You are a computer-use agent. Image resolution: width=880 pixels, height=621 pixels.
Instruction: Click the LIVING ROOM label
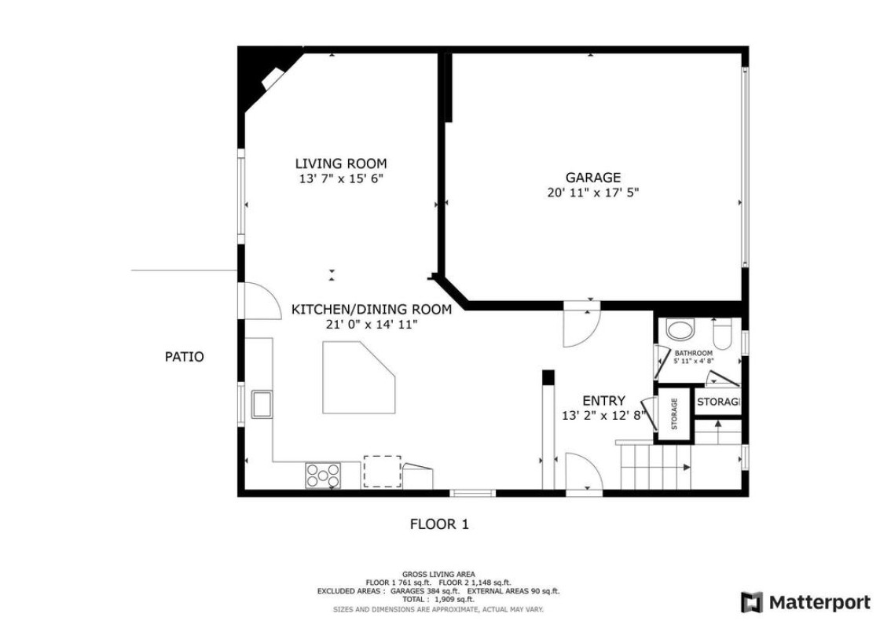(x=341, y=164)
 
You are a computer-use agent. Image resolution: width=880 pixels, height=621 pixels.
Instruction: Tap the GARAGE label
(x=592, y=178)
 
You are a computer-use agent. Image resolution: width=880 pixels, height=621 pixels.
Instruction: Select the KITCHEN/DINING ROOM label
(x=372, y=310)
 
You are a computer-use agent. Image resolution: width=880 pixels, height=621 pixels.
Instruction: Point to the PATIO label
(x=184, y=357)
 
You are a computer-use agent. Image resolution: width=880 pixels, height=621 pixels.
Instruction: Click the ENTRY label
(x=604, y=401)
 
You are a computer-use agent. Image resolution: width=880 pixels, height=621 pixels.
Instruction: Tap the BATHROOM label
(x=694, y=353)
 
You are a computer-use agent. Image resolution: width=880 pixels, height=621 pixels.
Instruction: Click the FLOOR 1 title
(x=439, y=524)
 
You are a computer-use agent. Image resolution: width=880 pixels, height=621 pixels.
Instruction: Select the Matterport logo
(x=805, y=602)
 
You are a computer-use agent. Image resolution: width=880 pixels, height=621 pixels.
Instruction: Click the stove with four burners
(x=323, y=476)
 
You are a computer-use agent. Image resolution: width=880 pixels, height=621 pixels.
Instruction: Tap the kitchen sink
(x=262, y=404)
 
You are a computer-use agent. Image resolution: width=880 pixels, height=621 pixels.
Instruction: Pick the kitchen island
(x=359, y=378)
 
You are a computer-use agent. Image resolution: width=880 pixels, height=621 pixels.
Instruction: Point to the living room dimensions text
(x=341, y=179)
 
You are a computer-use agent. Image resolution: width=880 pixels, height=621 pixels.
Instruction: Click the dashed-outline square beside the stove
(x=382, y=471)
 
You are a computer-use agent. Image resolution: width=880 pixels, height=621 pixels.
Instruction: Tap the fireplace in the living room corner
(x=273, y=78)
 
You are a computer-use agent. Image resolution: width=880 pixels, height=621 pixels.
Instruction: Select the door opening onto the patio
(x=260, y=301)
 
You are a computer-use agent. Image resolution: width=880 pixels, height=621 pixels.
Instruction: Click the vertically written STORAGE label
(x=674, y=413)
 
